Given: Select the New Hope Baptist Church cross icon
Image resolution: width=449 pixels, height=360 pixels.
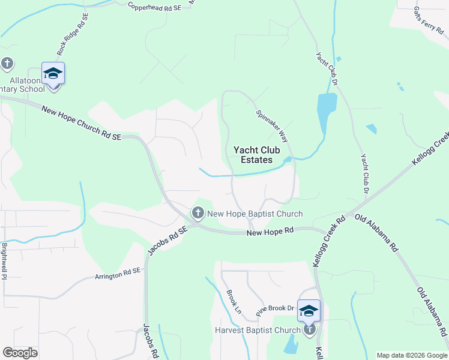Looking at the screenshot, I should click(x=197, y=213).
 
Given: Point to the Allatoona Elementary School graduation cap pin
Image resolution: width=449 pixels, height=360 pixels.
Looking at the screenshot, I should click(x=53, y=74).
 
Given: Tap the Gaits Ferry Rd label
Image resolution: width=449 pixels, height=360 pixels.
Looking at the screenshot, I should click(x=429, y=21).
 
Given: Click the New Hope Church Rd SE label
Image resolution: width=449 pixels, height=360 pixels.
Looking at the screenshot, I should click(x=81, y=122).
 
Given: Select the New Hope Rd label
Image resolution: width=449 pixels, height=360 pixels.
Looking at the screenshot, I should click(x=270, y=230).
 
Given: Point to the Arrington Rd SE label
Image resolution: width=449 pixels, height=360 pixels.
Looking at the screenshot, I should click(x=117, y=274).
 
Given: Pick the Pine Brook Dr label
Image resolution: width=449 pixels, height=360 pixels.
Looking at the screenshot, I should click(x=275, y=309).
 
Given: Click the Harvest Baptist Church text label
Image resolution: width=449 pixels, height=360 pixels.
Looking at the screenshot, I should click(x=258, y=330).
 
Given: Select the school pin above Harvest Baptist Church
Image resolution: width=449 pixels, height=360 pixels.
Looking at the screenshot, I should click(x=309, y=311).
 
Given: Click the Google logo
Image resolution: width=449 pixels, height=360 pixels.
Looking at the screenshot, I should click(x=20, y=352).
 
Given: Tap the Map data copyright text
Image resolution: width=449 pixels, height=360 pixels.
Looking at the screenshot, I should click(x=411, y=355).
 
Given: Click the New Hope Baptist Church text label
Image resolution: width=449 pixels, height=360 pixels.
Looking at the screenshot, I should click(x=255, y=214).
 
